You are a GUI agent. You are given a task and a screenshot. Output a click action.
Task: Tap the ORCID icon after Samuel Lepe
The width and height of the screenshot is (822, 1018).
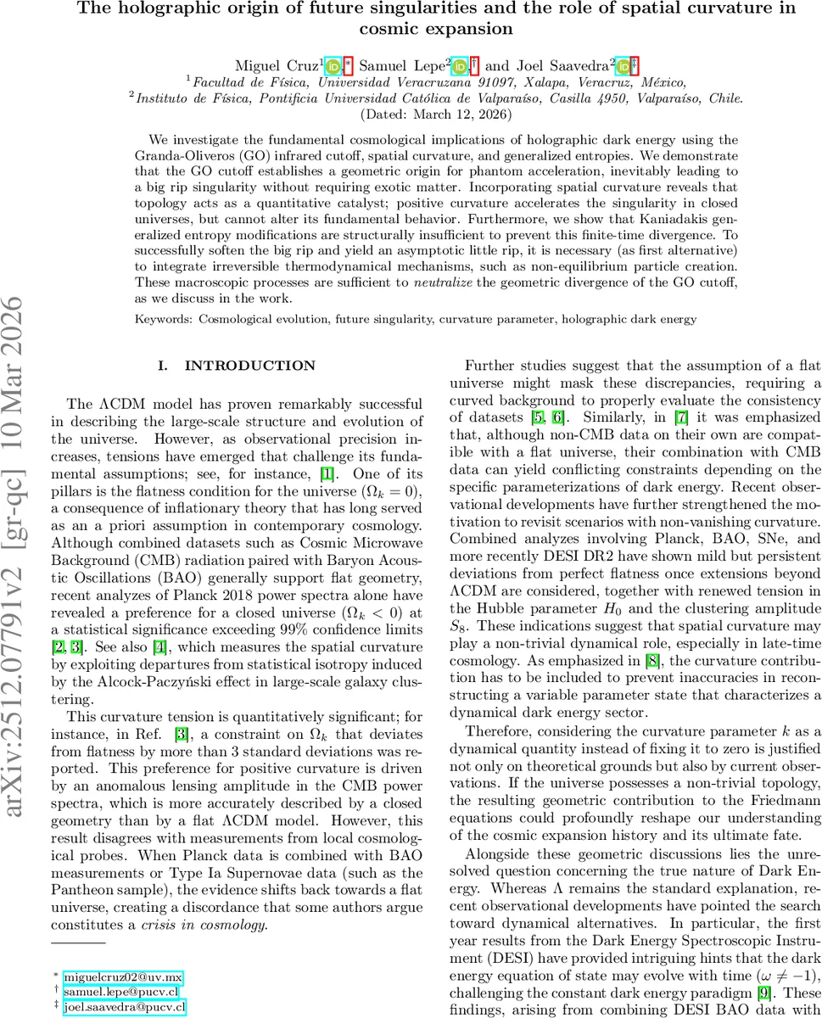459,66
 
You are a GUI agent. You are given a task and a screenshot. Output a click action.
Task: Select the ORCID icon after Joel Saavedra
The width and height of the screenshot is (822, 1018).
623,66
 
